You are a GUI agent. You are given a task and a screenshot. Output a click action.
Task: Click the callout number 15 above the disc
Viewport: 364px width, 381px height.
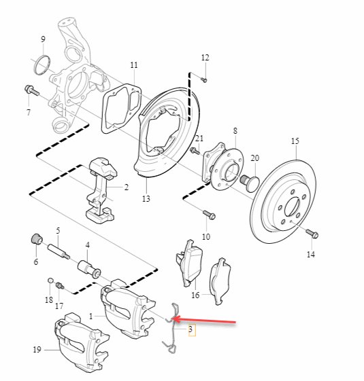tap(295, 141)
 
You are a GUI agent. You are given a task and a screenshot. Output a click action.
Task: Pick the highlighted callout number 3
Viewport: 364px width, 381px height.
tap(191, 330)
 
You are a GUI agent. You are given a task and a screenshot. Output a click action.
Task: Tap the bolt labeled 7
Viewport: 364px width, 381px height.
tap(30, 89)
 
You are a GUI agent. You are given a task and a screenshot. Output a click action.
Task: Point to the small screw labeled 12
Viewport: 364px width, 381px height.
tap(203, 79)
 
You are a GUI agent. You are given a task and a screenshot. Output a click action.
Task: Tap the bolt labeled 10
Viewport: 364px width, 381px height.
tap(208, 215)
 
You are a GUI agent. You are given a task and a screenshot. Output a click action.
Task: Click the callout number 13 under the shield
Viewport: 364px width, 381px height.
tap(146, 199)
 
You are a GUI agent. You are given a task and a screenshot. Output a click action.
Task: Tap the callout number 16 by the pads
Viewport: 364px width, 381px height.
tap(195, 295)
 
